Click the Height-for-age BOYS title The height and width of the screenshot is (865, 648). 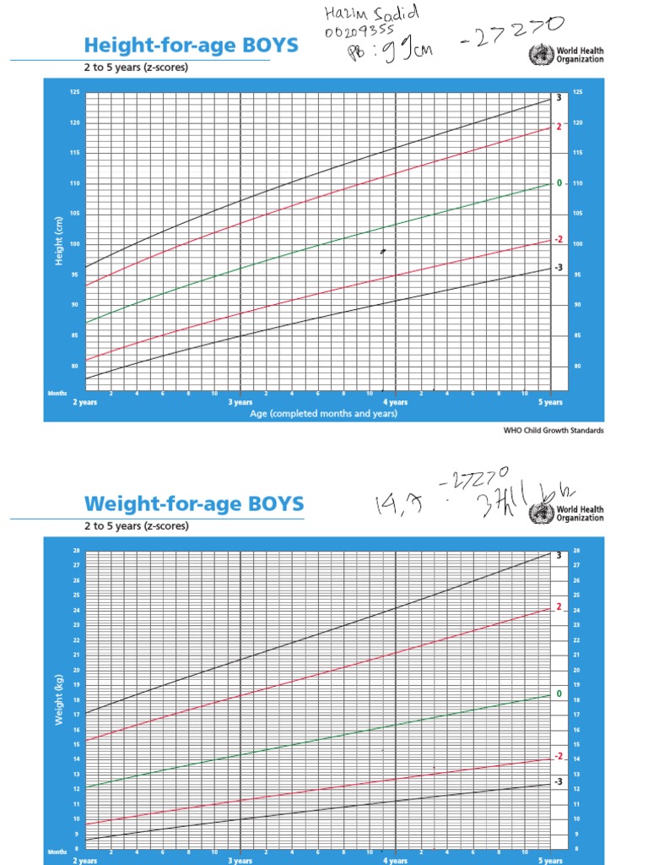pos(191,44)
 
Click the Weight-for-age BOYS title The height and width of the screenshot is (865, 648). pos(194,504)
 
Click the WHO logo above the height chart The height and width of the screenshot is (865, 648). pos(537,56)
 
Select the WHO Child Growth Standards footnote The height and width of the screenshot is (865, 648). pos(553,430)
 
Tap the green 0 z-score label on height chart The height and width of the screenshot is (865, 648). pos(558,182)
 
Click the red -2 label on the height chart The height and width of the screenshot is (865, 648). pos(558,239)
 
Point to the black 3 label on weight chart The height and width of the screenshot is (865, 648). pos(558,555)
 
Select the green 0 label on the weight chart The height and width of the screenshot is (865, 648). pos(558,694)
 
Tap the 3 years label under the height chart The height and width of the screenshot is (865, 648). pos(240,402)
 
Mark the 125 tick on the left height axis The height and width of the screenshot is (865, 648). pos(74,91)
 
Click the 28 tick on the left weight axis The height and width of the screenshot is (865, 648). pos(76,551)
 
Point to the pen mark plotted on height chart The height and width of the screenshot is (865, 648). pos(382,251)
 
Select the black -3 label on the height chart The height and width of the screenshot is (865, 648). pos(558,267)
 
